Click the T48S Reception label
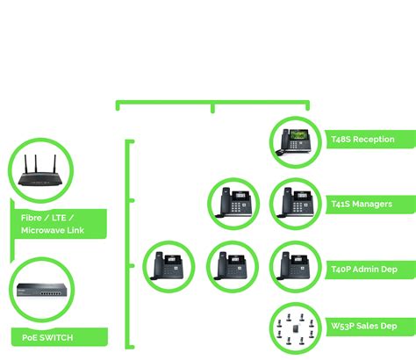tap(362, 140)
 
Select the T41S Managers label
tap(361, 204)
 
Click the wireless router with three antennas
tap(40, 173)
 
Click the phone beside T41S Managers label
tap(296, 204)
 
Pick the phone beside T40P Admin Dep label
tap(296, 267)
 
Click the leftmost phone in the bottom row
tap(169, 267)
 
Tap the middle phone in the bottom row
tap(233, 267)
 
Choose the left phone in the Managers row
tap(233, 204)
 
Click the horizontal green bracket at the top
tap(212, 104)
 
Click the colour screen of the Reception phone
tap(299, 134)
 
